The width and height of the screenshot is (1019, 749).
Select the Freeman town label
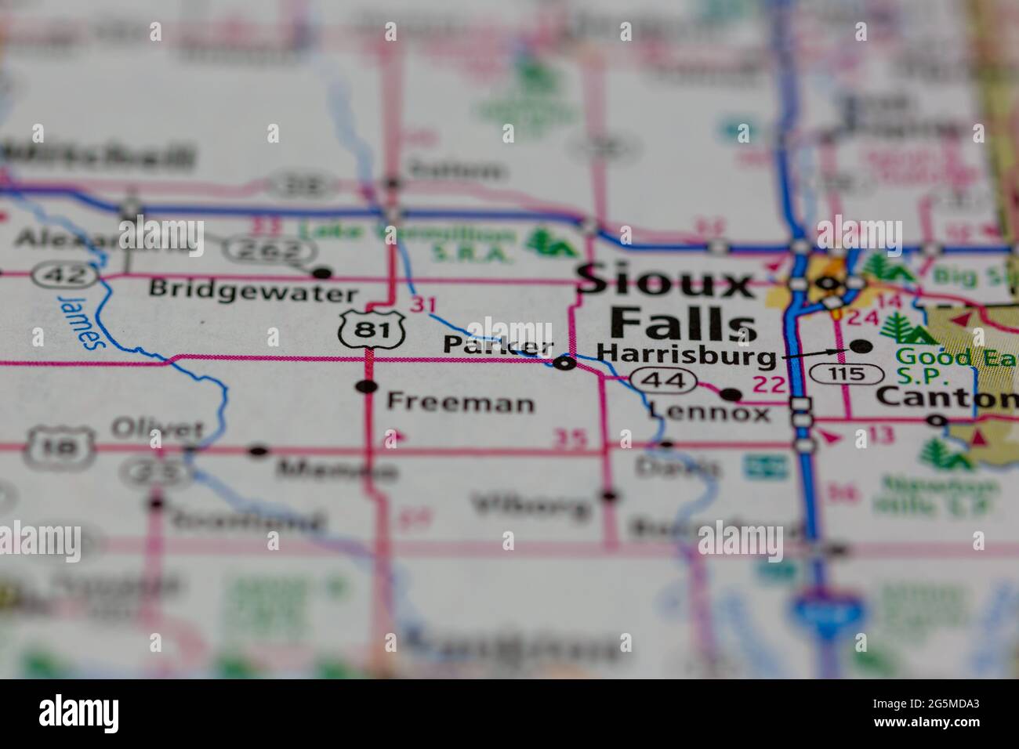(461, 403)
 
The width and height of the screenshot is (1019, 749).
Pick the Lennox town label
(709, 413)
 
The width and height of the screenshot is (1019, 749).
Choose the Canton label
(946, 397)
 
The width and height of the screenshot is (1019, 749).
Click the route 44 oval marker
(663, 382)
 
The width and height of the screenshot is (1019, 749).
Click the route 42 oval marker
(63, 275)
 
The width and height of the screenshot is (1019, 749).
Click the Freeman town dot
(366, 385)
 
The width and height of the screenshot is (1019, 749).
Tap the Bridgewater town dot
(321, 273)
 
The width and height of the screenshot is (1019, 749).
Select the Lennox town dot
(731, 393)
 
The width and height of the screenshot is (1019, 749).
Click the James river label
(81, 319)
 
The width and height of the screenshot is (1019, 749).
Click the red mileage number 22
(767, 384)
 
